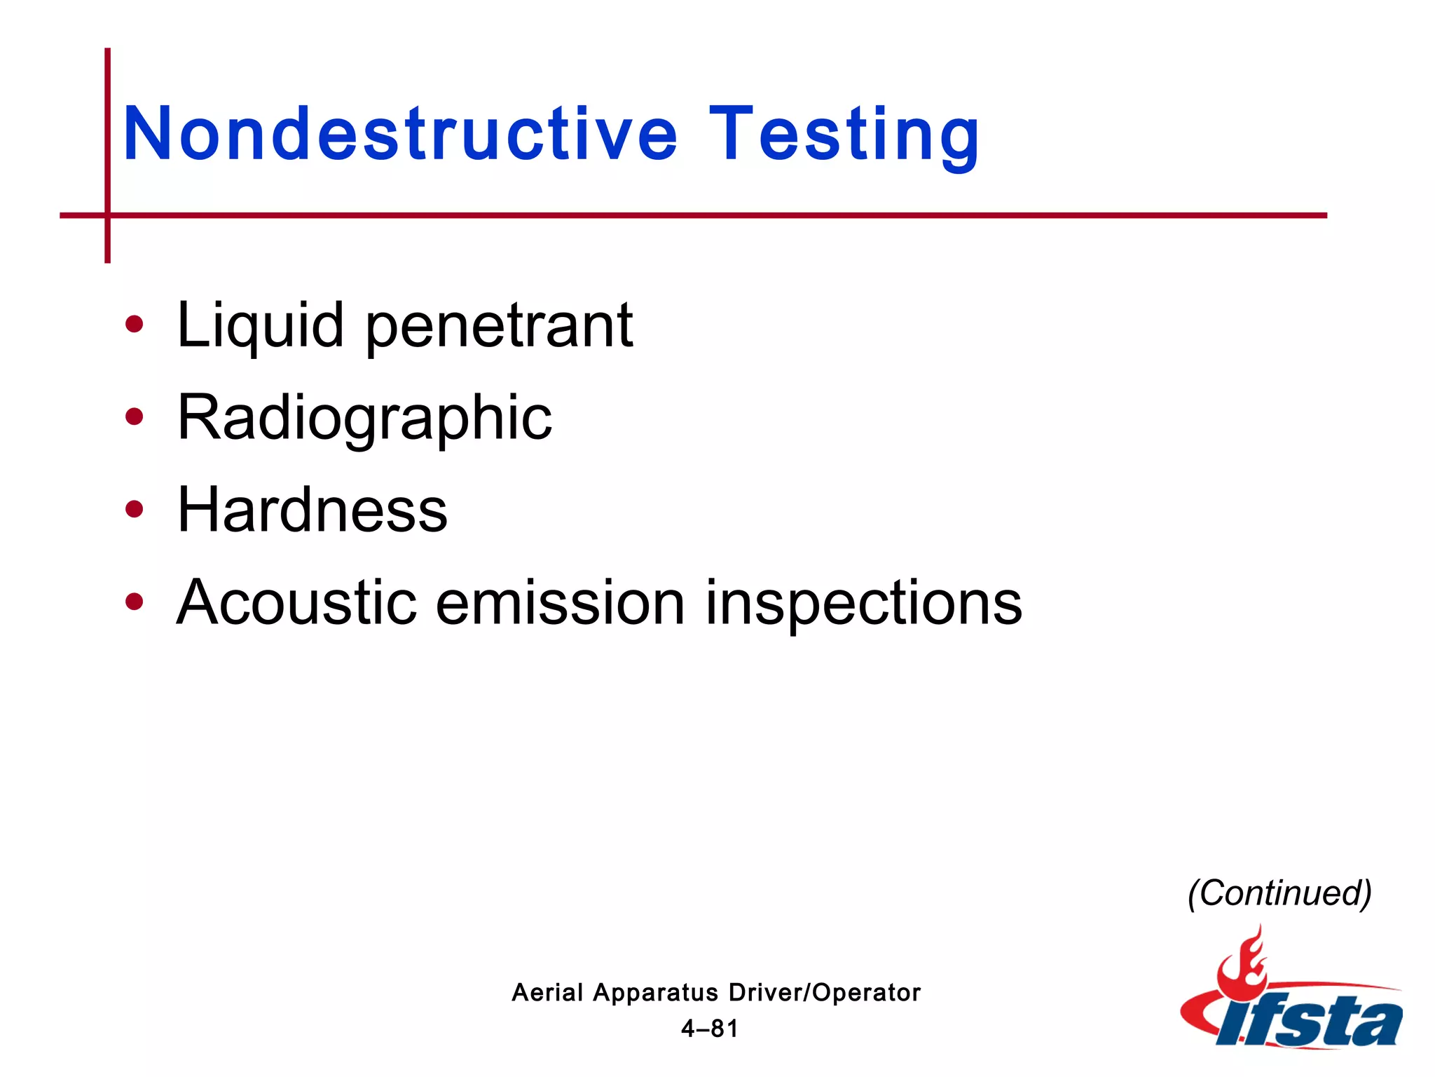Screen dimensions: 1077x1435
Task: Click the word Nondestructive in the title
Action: (x=400, y=133)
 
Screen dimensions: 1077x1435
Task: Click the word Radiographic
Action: (x=364, y=419)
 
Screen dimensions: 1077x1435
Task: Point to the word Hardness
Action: (x=313, y=510)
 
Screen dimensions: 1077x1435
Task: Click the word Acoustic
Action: (x=297, y=602)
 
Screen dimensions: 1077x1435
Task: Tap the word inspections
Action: (x=863, y=604)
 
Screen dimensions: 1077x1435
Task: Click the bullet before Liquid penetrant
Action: (x=134, y=325)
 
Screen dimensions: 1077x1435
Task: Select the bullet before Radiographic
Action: (x=134, y=417)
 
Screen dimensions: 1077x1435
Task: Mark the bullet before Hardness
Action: (x=134, y=510)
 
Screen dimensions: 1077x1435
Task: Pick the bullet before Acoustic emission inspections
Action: (x=134, y=602)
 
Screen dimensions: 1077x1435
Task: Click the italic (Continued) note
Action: (x=1279, y=893)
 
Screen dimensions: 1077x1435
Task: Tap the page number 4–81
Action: (x=710, y=1029)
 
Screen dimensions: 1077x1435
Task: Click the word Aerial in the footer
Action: (x=547, y=993)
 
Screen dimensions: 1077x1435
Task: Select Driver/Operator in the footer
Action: (x=825, y=993)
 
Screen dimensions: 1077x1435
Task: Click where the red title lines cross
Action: (x=107, y=215)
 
